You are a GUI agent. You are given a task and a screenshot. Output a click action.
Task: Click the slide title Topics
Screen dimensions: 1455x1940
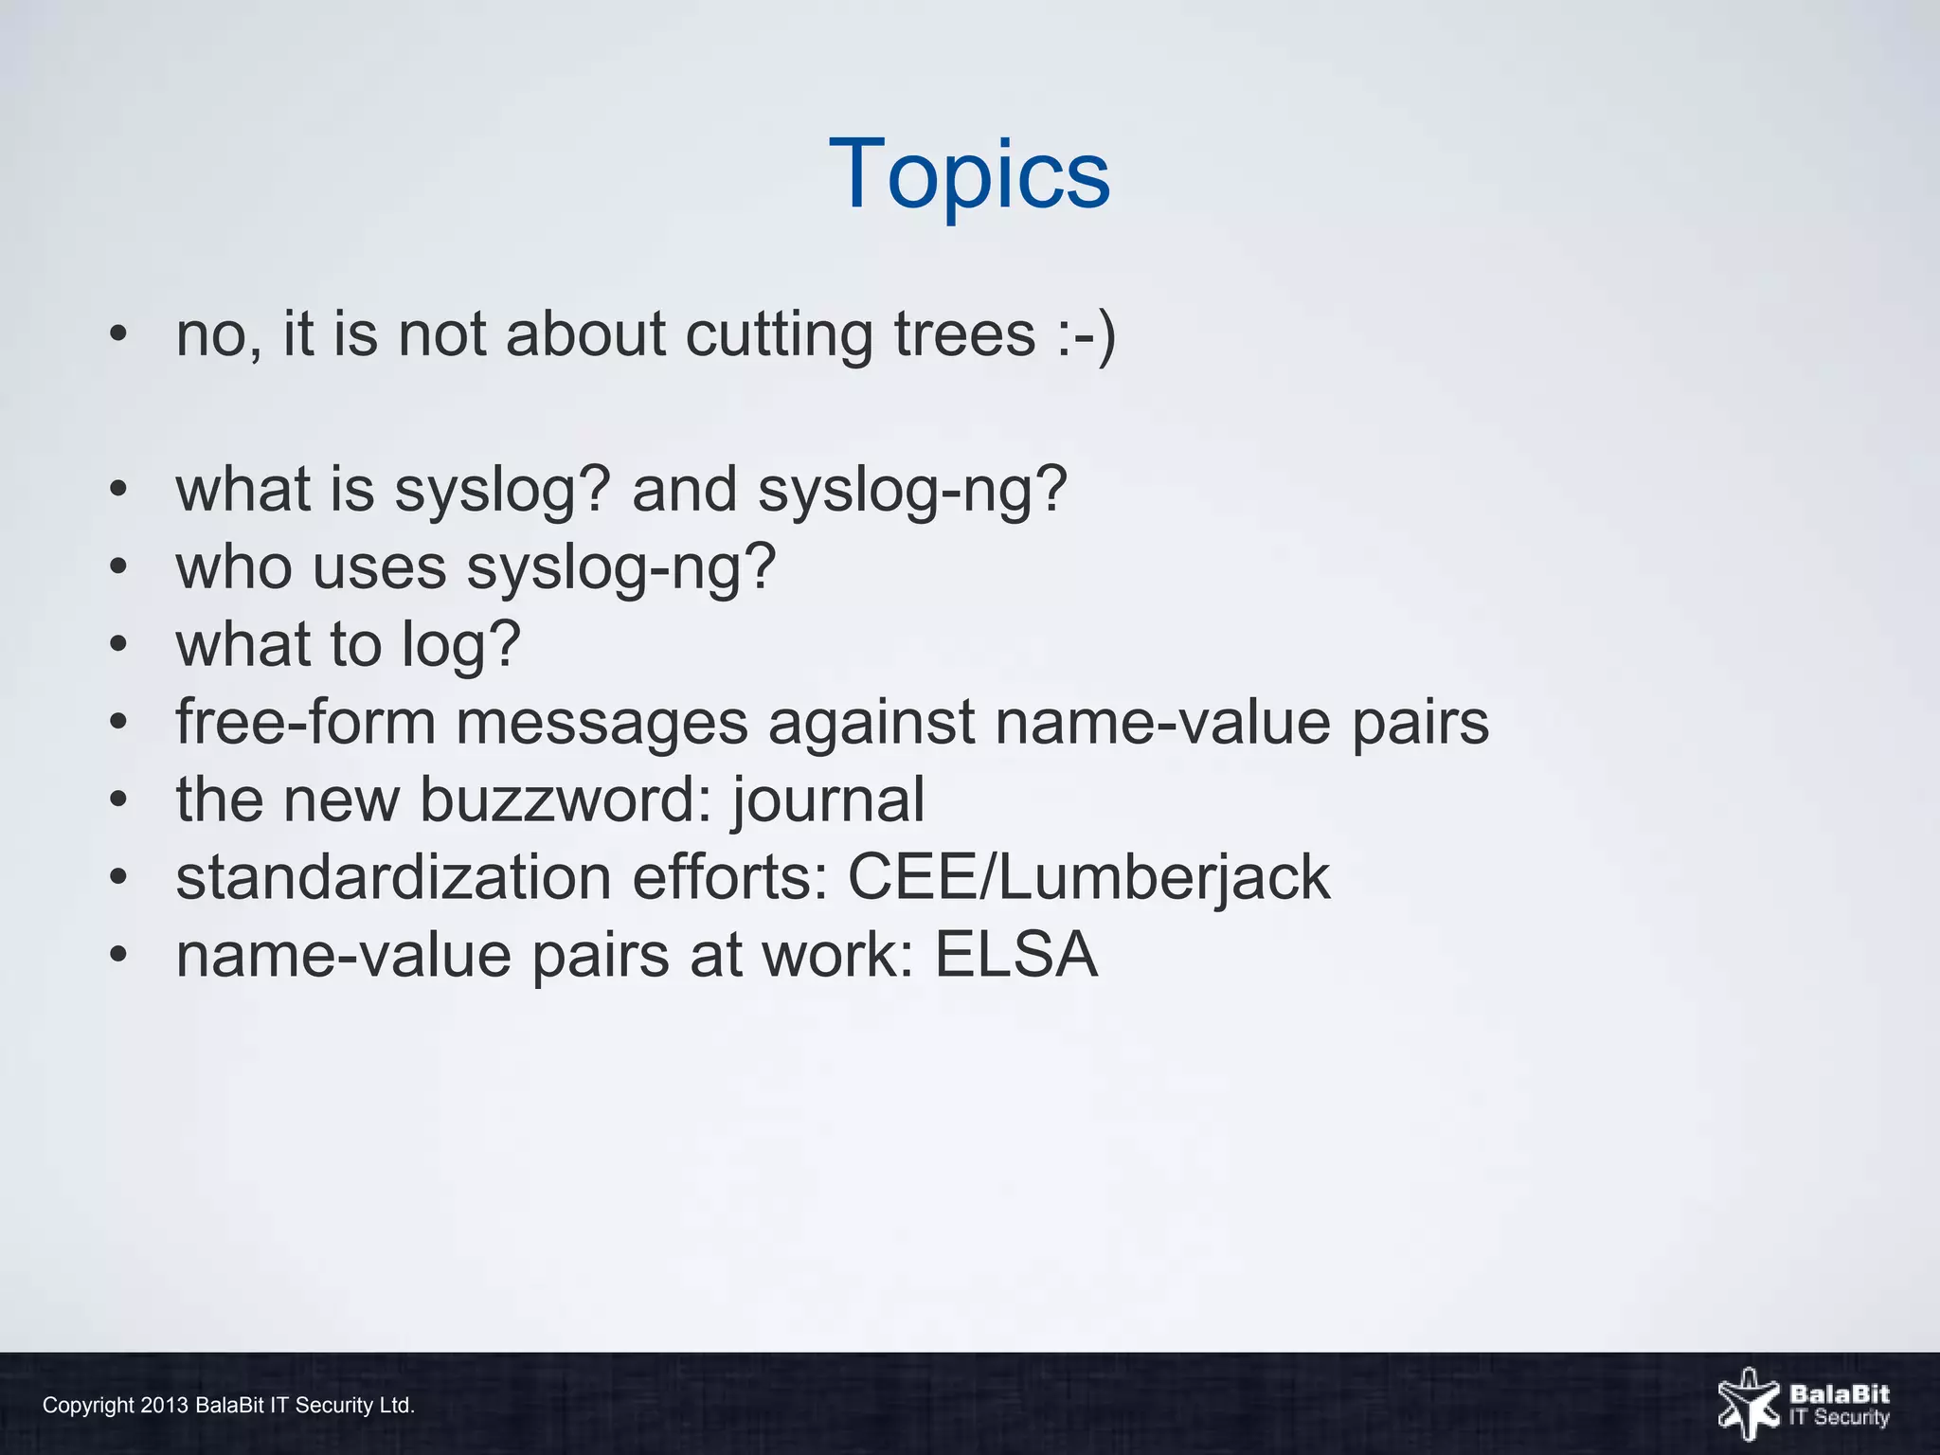(969, 174)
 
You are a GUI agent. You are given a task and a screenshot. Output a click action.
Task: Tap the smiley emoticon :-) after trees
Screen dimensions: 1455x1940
(1087, 334)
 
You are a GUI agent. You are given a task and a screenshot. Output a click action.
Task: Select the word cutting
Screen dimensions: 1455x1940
(779, 334)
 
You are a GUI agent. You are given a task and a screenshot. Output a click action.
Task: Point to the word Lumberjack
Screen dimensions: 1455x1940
(1164, 877)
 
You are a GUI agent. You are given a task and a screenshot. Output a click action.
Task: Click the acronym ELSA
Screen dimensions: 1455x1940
(1016, 955)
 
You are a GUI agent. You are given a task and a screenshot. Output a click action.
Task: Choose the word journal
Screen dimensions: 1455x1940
(828, 800)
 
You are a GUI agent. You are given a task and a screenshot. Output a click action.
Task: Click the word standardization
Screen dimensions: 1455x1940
(393, 877)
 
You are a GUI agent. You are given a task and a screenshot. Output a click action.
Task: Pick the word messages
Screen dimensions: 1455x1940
(602, 723)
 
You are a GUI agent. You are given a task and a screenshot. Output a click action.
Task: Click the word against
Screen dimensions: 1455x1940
(871, 723)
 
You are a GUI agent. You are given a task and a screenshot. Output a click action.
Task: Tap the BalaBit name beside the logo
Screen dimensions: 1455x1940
(1839, 1394)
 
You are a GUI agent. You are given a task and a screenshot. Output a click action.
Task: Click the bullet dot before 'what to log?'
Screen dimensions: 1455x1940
(117, 645)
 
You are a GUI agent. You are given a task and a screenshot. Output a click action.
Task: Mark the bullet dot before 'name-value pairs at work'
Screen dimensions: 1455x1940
(117, 955)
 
